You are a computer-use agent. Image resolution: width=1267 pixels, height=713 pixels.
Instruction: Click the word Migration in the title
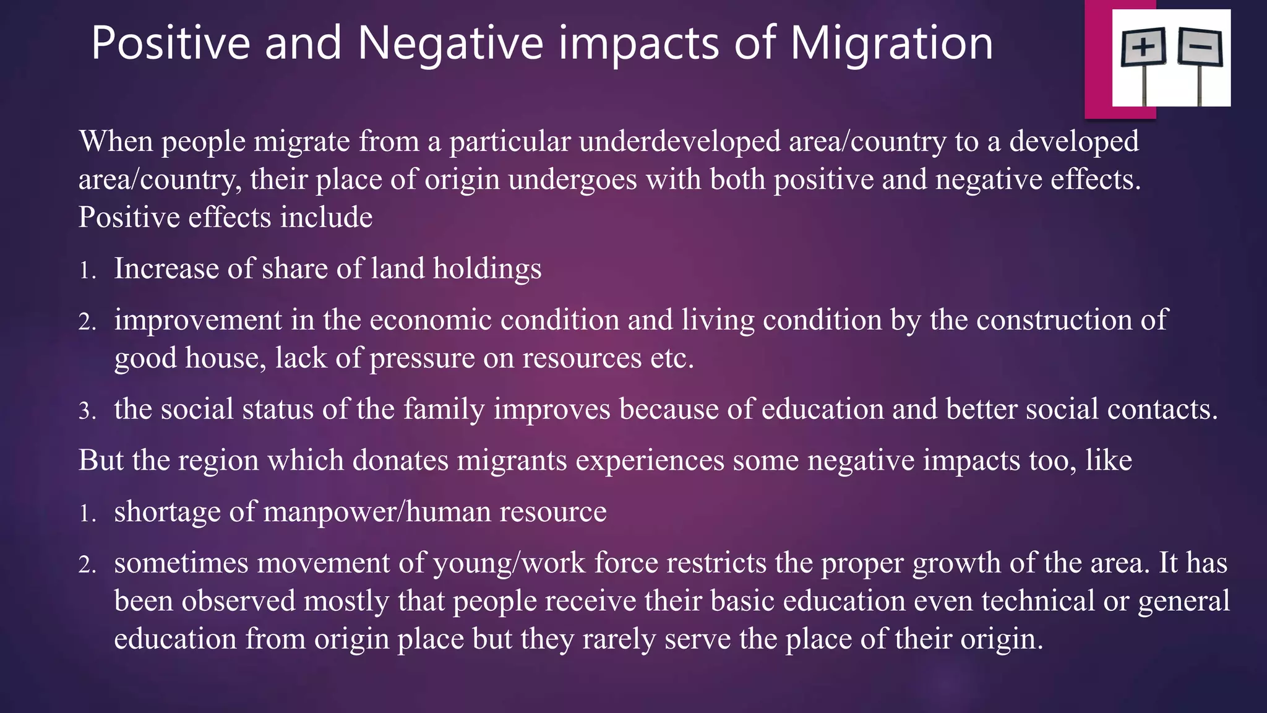891,43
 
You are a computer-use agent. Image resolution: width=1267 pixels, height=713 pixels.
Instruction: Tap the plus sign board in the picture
1144,48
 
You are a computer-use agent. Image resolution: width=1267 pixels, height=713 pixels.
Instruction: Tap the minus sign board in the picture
1201,47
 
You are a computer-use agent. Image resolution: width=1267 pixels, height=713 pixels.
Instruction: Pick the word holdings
487,269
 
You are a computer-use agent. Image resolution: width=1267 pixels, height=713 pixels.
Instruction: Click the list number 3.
87,411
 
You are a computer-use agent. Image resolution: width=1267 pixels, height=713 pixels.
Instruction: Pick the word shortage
167,512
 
